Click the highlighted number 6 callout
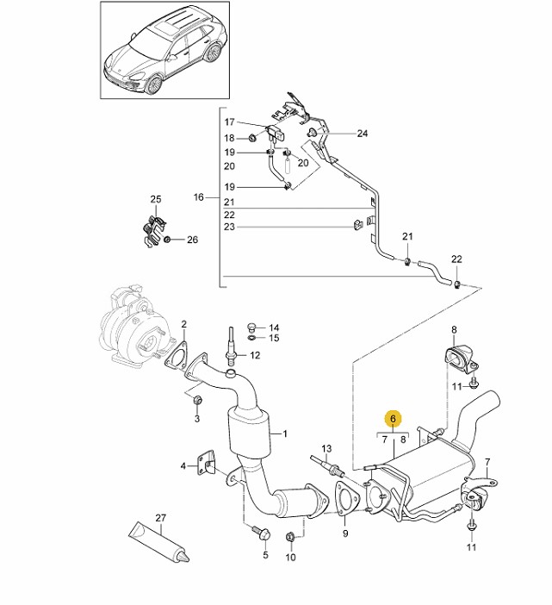(393, 418)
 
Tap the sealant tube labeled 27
(158, 541)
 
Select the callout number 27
(160, 517)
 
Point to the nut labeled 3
(197, 401)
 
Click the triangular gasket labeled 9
(347, 498)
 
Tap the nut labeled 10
(290, 536)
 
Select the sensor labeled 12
(232, 345)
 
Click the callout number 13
(326, 448)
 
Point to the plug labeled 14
(251, 327)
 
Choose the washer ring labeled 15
(251, 338)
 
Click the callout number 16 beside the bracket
(198, 197)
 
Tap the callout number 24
(363, 134)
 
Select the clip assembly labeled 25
(153, 230)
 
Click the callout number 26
(192, 240)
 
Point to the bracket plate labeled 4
(206, 466)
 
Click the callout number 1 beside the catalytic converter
(285, 434)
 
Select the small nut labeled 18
(251, 137)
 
